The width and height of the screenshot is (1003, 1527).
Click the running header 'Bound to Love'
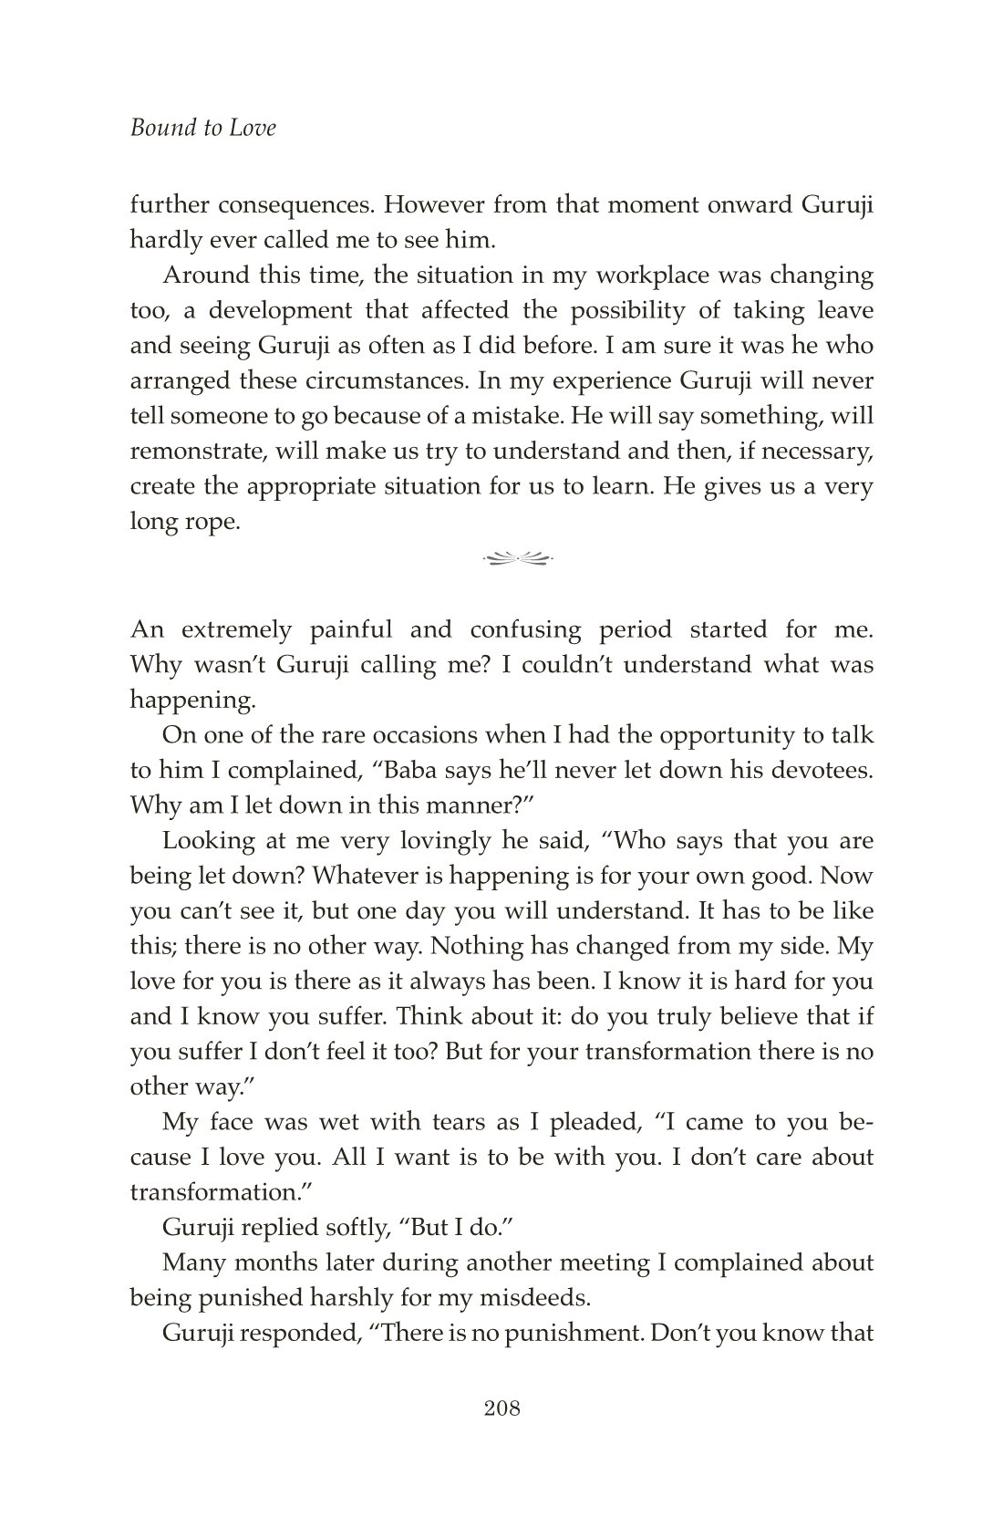(202, 128)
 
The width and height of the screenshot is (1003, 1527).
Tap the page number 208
(501, 1408)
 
